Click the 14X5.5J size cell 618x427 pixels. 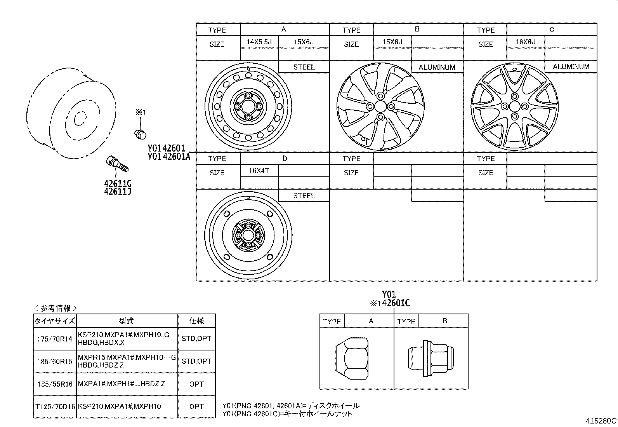click(x=259, y=42)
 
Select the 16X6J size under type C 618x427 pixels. click(x=525, y=42)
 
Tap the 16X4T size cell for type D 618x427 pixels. click(x=259, y=171)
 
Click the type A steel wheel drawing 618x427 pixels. click(x=248, y=106)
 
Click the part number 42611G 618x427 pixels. click(x=117, y=184)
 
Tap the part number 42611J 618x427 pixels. click(x=117, y=192)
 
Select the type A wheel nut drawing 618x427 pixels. click(x=351, y=358)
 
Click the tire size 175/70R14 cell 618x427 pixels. click(x=55, y=339)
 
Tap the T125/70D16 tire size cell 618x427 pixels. click(x=55, y=406)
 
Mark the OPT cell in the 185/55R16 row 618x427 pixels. click(x=196, y=384)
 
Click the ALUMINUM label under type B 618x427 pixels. click(x=437, y=67)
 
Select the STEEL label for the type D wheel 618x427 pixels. click(x=304, y=196)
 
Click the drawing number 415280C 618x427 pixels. click(x=601, y=421)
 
